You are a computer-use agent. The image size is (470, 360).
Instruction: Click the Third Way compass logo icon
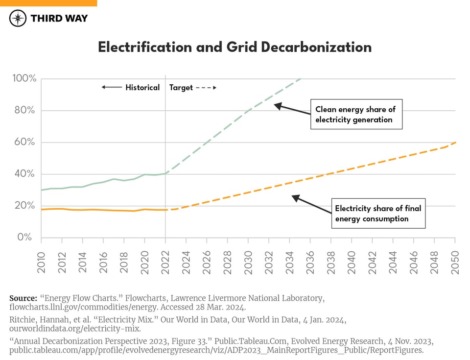[18, 18]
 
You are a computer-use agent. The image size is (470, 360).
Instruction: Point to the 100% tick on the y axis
[24, 79]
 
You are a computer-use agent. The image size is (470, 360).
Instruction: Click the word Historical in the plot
[142, 88]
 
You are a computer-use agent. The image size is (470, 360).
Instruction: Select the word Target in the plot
[181, 88]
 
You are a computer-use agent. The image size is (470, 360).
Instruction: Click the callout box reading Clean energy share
[355, 115]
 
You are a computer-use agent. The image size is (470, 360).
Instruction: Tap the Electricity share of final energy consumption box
[378, 214]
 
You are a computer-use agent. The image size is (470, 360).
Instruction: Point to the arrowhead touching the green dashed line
[277, 105]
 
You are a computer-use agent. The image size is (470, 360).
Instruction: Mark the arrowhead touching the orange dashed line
[295, 197]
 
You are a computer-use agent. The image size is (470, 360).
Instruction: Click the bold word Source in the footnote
[23, 298]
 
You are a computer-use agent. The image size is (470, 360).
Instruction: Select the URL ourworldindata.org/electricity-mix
[75, 329]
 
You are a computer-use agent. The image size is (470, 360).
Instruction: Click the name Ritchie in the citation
[22, 320]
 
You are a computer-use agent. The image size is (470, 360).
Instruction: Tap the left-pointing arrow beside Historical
[112, 88]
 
